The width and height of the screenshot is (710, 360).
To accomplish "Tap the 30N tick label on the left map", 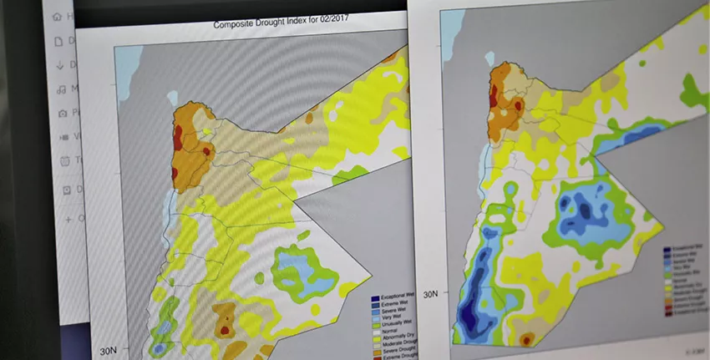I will [x=109, y=349].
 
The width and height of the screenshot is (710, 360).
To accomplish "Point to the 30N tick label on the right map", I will [x=430, y=294].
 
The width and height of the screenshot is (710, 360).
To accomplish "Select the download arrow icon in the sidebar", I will [x=59, y=65].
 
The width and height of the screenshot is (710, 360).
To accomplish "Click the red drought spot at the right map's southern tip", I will [x=526, y=340].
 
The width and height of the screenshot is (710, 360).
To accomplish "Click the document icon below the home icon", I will [x=58, y=40].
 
